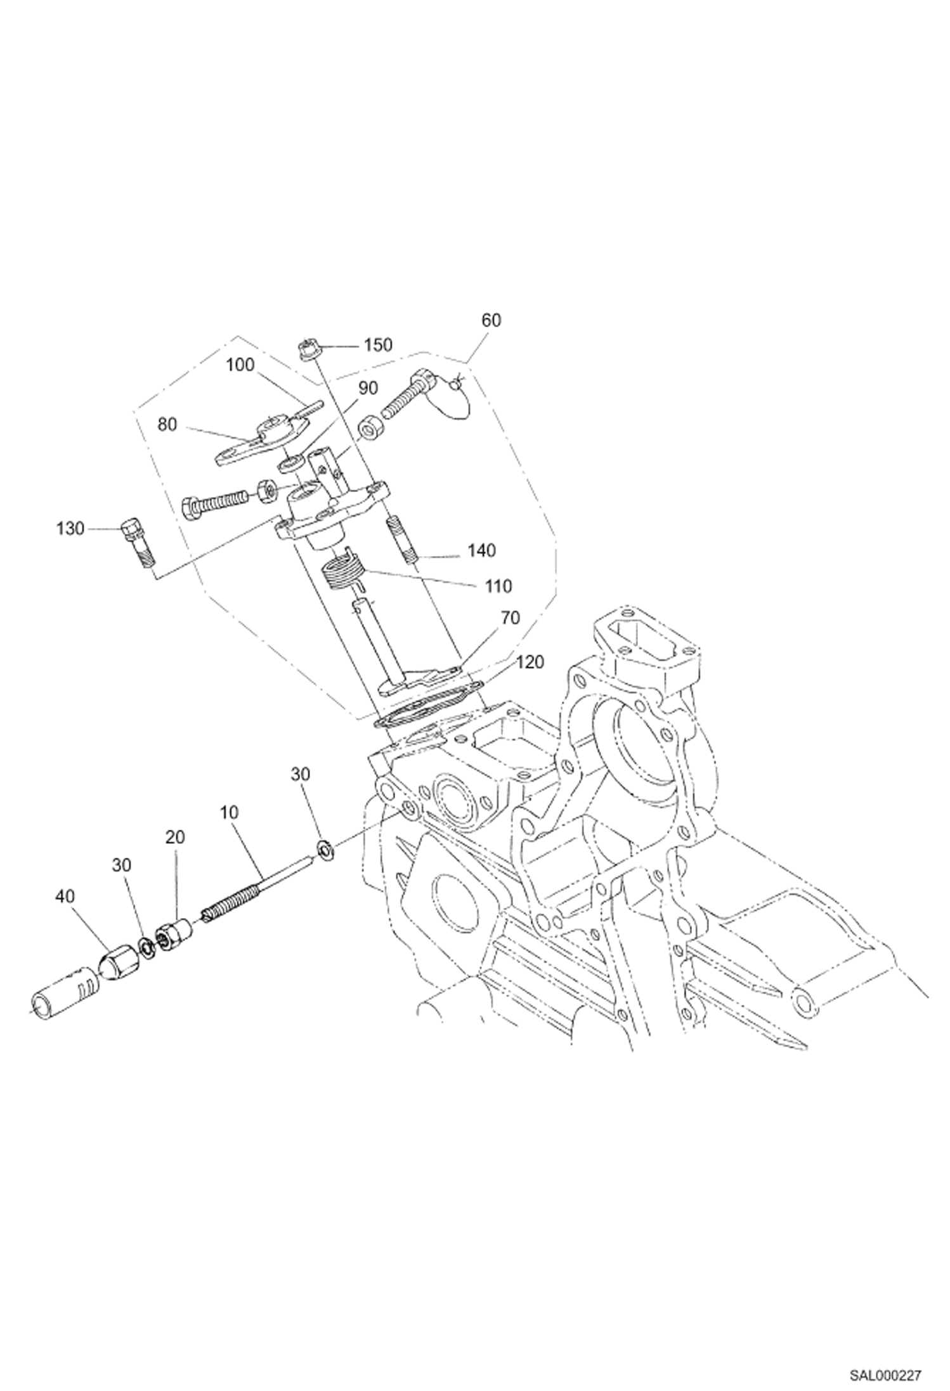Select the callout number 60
pyautogui.click(x=491, y=320)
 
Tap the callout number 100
pyautogui.click(x=240, y=365)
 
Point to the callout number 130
pyautogui.click(x=70, y=528)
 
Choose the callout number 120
pyautogui.click(x=530, y=662)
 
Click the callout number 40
pyautogui.click(x=65, y=896)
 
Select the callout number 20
pyautogui.click(x=175, y=837)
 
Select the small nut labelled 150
pyautogui.click(x=307, y=349)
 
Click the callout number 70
pyautogui.click(x=510, y=618)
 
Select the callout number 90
pyautogui.click(x=368, y=387)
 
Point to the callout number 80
pyautogui.click(x=167, y=424)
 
